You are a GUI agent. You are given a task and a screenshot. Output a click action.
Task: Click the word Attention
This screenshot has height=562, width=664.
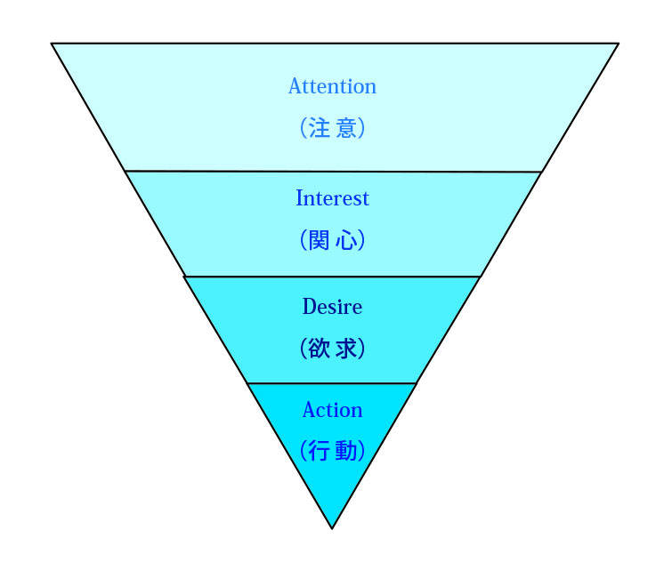(x=332, y=87)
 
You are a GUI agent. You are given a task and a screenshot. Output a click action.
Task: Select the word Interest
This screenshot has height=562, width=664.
(x=332, y=198)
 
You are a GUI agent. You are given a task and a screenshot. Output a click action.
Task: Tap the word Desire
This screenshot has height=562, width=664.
(x=332, y=308)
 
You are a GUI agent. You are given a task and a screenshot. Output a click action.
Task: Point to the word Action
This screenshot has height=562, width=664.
(x=332, y=410)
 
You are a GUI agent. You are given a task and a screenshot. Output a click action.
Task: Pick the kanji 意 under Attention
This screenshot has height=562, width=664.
(x=348, y=128)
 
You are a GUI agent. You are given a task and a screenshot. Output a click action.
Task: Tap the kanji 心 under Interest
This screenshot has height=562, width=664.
(x=347, y=240)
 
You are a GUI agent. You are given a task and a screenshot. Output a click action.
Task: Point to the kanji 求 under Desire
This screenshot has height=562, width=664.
(x=348, y=349)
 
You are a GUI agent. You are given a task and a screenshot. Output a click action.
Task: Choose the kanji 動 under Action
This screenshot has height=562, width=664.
(x=348, y=451)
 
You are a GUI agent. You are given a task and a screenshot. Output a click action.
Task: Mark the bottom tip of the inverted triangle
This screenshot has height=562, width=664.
(x=332, y=528)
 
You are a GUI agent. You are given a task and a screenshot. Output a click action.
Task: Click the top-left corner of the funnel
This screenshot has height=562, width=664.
(x=52, y=44)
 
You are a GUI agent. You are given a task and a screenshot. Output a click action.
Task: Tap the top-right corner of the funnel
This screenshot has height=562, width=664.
(x=618, y=44)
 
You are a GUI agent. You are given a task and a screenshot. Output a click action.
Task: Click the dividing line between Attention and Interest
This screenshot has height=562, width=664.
(x=332, y=171)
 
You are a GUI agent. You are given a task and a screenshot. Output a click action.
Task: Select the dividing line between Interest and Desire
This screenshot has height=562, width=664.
(x=332, y=277)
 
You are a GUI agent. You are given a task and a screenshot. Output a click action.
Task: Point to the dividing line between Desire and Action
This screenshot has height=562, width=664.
(x=332, y=383)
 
